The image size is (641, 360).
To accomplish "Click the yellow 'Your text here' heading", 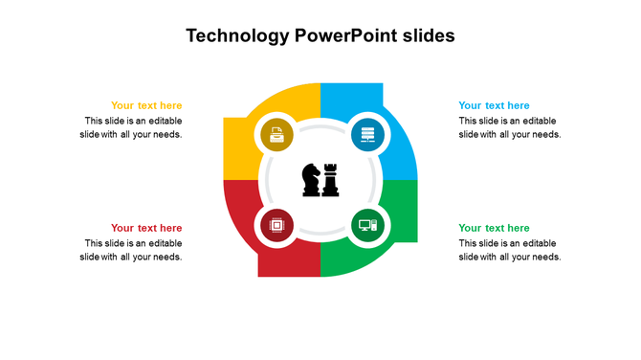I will coord(146,105).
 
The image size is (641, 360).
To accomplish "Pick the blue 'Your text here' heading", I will coord(494,105).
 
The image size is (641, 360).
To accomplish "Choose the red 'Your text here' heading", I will coord(146,228).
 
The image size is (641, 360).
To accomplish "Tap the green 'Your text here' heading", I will coord(494,228).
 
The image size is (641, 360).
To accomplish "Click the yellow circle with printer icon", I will coord(276,135).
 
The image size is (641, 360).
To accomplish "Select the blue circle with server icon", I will coord(365,135).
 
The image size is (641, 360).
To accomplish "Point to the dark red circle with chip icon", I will coord(276,226).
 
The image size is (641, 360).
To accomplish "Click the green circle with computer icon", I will coord(365,226).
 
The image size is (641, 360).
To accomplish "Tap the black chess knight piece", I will coord(312,180).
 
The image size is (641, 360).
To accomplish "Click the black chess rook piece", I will coord(331,180).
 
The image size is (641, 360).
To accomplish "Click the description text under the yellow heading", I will coord(132,127).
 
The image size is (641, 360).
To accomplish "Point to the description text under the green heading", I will coord(509,250).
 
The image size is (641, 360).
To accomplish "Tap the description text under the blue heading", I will coord(509,127).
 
